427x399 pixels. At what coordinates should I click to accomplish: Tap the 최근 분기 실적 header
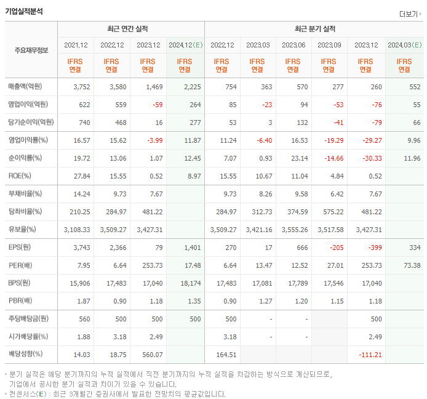(315, 29)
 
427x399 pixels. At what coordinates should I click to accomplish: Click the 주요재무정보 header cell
(31, 50)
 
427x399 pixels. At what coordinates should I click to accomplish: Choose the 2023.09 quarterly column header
(329, 45)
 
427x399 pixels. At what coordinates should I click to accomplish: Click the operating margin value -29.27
(371, 140)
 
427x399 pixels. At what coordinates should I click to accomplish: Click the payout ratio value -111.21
(369, 355)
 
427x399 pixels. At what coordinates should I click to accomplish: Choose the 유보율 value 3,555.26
(295, 230)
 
